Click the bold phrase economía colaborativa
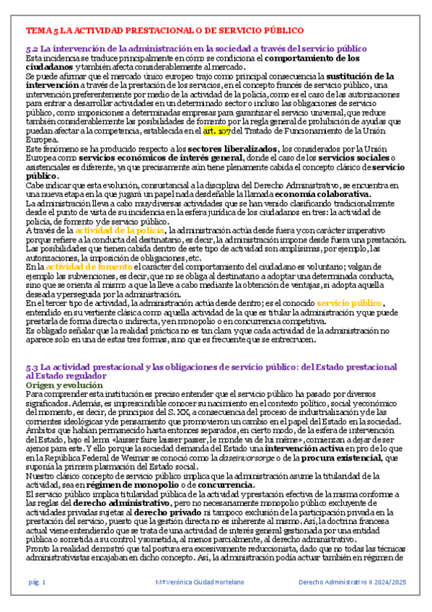(x=325, y=195)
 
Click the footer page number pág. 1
(x=37, y=582)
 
